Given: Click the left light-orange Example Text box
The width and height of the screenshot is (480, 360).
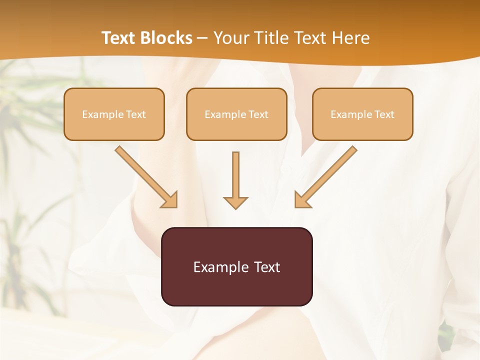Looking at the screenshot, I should [114, 114].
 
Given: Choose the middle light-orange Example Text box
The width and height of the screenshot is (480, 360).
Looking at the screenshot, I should [236, 114].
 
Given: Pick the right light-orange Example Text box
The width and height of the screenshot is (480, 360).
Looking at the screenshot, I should [362, 114].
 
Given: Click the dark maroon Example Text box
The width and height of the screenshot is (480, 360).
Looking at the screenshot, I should [236, 266].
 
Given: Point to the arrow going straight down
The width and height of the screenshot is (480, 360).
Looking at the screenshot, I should [235, 177].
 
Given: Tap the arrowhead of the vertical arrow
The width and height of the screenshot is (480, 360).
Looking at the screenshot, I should [235, 202].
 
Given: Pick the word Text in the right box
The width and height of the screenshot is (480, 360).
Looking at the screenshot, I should [384, 114].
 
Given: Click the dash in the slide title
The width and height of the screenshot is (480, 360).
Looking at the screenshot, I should [203, 38].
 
